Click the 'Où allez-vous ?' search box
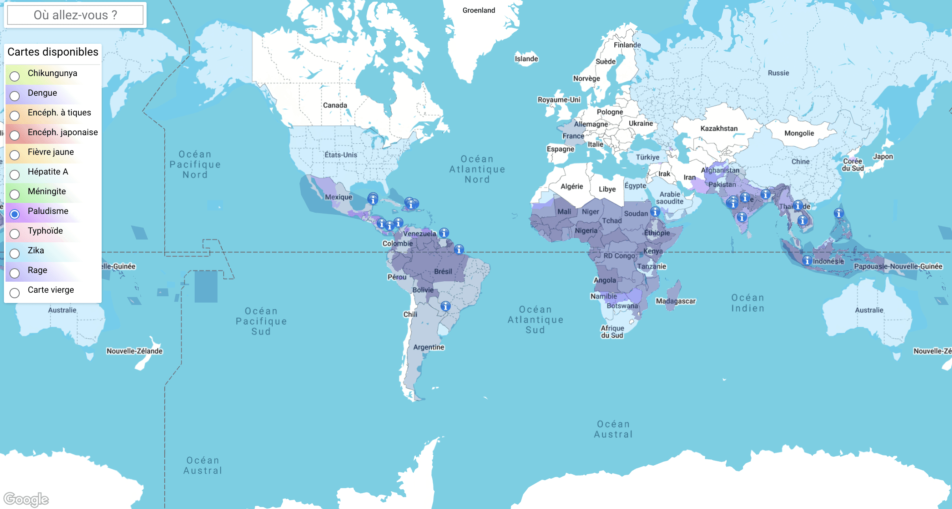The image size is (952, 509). pyautogui.click(x=75, y=15)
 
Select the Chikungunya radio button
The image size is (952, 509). pyautogui.click(x=15, y=76)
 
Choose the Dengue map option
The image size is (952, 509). pyautogui.click(x=15, y=96)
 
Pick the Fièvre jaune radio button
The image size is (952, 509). pyautogui.click(x=15, y=155)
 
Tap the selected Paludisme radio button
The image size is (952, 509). pyautogui.click(x=15, y=214)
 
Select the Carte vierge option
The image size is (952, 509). pyautogui.click(x=15, y=293)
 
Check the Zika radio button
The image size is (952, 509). pyautogui.click(x=15, y=253)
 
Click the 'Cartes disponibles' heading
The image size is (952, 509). pyautogui.click(x=53, y=52)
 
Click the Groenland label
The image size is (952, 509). pyautogui.click(x=478, y=10)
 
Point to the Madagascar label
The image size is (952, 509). pyautogui.click(x=675, y=301)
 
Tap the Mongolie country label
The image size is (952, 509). pyautogui.click(x=799, y=133)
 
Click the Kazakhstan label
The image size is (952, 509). pyautogui.click(x=719, y=128)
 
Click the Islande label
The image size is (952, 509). pyautogui.click(x=526, y=59)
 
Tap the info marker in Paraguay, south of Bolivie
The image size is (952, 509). pyautogui.click(x=445, y=306)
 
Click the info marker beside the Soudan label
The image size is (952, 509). pyautogui.click(x=655, y=212)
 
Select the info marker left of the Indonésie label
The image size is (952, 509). pyautogui.click(x=807, y=260)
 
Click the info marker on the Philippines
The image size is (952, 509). pyautogui.click(x=839, y=213)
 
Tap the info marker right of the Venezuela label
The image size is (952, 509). pyautogui.click(x=444, y=233)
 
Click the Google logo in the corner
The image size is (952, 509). pyautogui.click(x=26, y=499)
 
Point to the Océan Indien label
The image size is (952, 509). pyautogui.click(x=747, y=303)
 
